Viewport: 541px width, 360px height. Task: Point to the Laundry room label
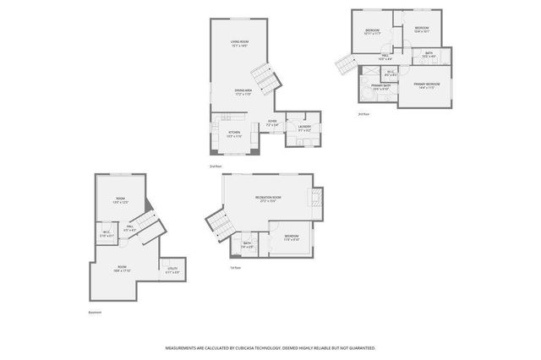303,128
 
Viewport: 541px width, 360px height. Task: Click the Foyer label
272,123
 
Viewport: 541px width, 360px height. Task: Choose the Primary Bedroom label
424,85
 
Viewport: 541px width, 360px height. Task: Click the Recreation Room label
267,199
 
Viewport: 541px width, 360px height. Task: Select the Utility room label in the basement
172,270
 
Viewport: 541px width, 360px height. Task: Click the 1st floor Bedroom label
291,237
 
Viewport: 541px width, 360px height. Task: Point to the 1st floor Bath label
247,245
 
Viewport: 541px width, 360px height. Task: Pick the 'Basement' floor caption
95,312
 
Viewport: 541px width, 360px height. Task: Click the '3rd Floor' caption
363,113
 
